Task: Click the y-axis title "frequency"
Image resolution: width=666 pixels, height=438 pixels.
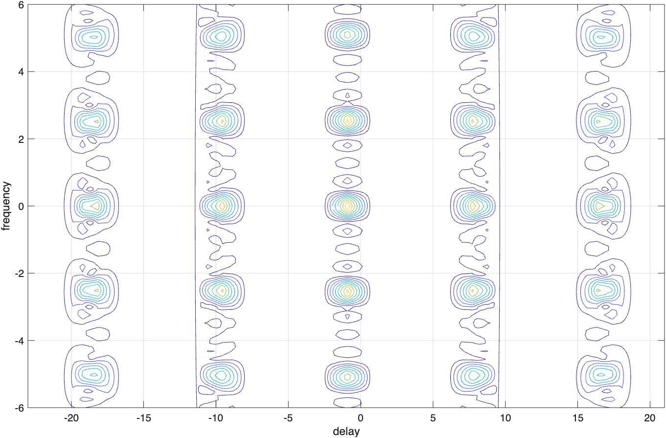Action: (x=6, y=206)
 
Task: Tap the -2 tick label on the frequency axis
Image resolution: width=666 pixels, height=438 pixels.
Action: (x=19, y=273)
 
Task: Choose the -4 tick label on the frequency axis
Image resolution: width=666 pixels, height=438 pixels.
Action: (x=19, y=340)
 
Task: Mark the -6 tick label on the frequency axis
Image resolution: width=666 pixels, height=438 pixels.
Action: (x=19, y=407)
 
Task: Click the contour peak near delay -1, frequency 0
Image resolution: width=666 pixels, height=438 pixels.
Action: (x=347, y=206)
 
